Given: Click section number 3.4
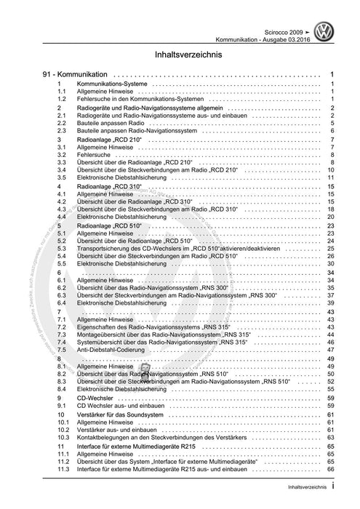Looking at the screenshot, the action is point(62,170).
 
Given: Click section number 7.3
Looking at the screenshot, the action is point(62,334).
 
